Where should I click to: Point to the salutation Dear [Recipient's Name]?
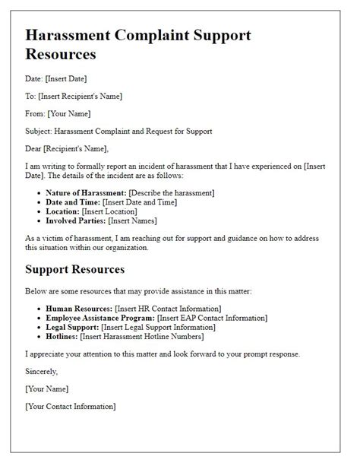pos(67,148)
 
